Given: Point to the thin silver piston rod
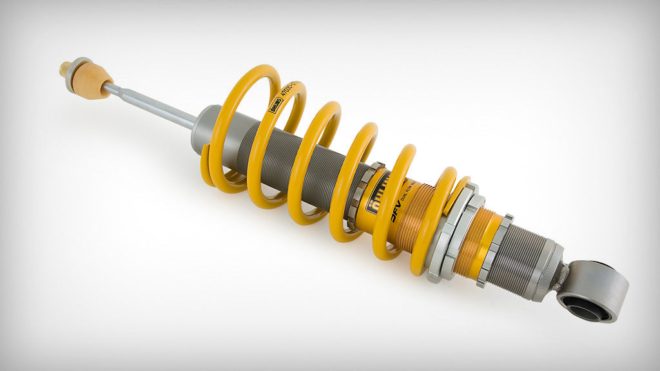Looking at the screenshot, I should pyautogui.click(x=151, y=105).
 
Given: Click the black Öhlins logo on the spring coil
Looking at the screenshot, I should pyautogui.click(x=275, y=103).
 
